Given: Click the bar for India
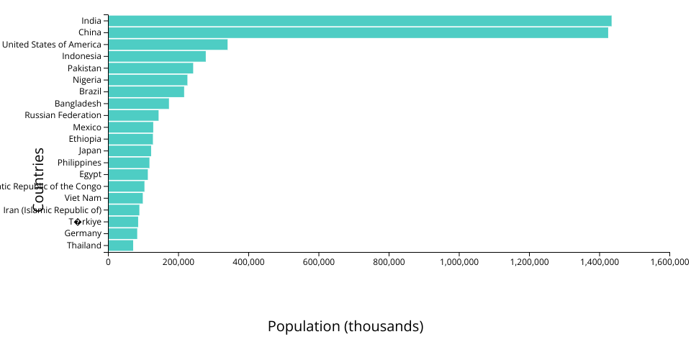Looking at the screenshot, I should tap(360, 21).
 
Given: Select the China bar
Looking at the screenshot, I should tap(358, 32).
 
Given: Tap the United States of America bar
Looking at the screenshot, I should tap(168, 45).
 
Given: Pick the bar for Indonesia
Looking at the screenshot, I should tap(157, 56).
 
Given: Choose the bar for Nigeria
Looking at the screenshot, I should tap(148, 80).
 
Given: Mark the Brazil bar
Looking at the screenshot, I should tap(146, 91).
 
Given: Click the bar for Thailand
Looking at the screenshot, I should tap(121, 246).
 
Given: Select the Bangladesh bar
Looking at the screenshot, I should tap(138, 104).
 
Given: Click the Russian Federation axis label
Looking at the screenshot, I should tap(63, 115).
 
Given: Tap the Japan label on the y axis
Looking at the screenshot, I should tap(90, 150).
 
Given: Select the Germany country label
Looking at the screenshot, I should tap(83, 233).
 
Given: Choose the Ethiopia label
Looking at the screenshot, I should tap(85, 139).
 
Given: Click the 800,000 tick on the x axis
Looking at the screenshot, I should tap(389, 263).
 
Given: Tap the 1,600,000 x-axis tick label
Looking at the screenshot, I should tap(669, 263).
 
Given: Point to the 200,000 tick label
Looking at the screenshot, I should tap(178, 263).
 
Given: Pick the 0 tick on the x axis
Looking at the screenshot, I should tap(108, 263).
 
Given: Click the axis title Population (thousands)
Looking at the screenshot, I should tap(345, 326).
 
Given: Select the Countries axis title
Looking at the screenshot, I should tap(39, 180).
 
